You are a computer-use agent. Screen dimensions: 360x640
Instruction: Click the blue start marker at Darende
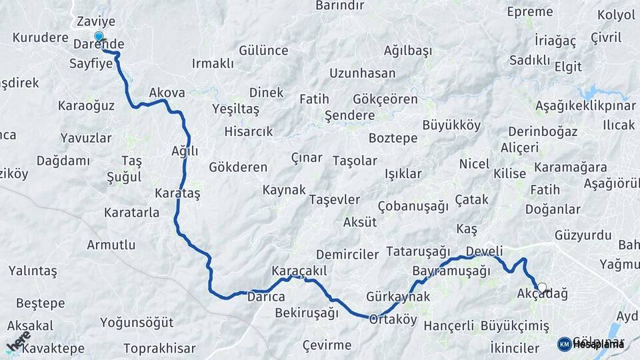tap(99, 37)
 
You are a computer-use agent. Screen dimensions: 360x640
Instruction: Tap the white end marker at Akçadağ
tap(542, 288)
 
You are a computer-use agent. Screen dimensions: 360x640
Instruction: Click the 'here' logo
tap(18, 341)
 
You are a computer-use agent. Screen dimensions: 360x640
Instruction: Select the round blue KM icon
tap(564, 344)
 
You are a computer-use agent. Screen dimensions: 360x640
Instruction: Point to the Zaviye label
tap(92, 21)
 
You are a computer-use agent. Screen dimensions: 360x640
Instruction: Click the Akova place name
tap(167, 93)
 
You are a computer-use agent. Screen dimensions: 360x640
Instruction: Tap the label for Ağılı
tap(185, 151)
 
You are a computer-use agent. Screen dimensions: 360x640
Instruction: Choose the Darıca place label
tap(267, 296)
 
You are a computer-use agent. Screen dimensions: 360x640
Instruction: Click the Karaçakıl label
tap(299, 271)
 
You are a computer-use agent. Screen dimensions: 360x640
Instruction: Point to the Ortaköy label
tap(393, 319)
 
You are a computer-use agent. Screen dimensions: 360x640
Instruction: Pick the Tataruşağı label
tap(419, 251)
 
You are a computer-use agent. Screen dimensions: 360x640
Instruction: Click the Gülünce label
tap(263, 51)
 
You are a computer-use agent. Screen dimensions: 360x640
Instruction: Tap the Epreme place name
tap(530, 11)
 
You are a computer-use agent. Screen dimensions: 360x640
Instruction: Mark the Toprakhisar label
tap(159, 348)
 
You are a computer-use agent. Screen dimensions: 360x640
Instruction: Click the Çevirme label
tap(327, 345)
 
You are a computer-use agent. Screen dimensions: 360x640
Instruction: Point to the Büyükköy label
tap(451, 125)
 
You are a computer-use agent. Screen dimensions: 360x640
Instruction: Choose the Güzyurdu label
tap(582, 235)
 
